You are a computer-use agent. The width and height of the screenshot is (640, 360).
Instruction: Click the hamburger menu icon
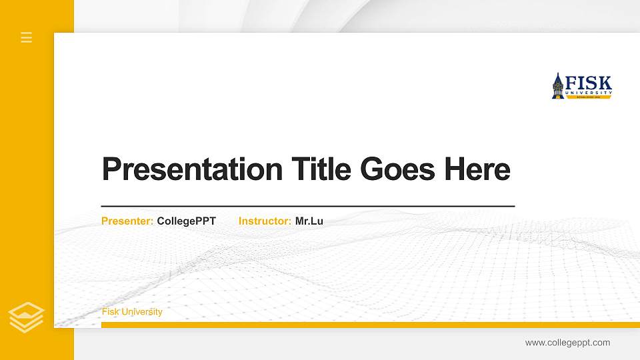pyautogui.click(x=27, y=37)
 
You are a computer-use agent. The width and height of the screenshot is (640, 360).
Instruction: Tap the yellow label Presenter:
pyautogui.click(x=127, y=221)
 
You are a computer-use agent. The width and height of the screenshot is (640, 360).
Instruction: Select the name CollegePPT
pyautogui.click(x=187, y=221)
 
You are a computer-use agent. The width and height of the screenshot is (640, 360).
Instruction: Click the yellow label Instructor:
pyautogui.click(x=265, y=221)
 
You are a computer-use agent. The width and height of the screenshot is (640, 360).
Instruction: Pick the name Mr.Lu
pyautogui.click(x=309, y=221)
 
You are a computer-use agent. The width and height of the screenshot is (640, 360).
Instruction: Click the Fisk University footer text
pyautogui.click(x=132, y=312)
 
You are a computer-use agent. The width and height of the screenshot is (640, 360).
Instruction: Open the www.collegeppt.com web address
pyautogui.click(x=567, y=343)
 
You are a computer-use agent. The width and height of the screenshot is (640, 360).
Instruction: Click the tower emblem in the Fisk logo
pyautogui.click(x=558, y=86)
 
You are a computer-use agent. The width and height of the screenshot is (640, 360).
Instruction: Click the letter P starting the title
pyautogui.click(x=111, y=169)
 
